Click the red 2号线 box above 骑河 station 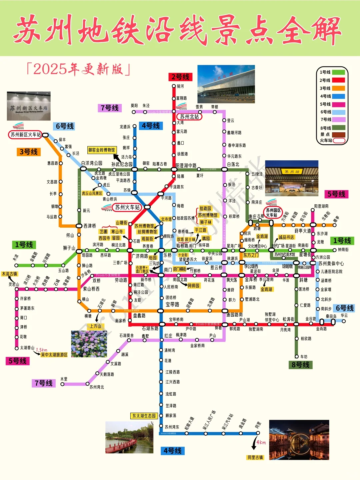click(180, 77)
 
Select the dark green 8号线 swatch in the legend click(338, 128)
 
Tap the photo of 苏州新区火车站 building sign click(29, 106)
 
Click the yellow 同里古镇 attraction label click(255, 457)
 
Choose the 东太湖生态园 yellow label click(144, 416)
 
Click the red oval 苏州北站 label click(189, 117)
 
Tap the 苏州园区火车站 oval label click(273, 213)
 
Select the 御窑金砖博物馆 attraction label click(102, 150)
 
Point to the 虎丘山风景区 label click(92, 193)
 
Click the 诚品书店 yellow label click(286, 237)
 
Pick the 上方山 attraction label click(95, 326)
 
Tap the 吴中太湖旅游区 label click(54, 355)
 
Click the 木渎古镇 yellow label click(9, 274)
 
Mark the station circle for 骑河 click(174, 86)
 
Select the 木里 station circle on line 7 click(62, 384)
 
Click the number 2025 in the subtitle click(50, 69)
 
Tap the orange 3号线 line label click(29, 152)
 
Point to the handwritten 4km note click(261, 443)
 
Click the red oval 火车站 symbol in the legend click(339, 140)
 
